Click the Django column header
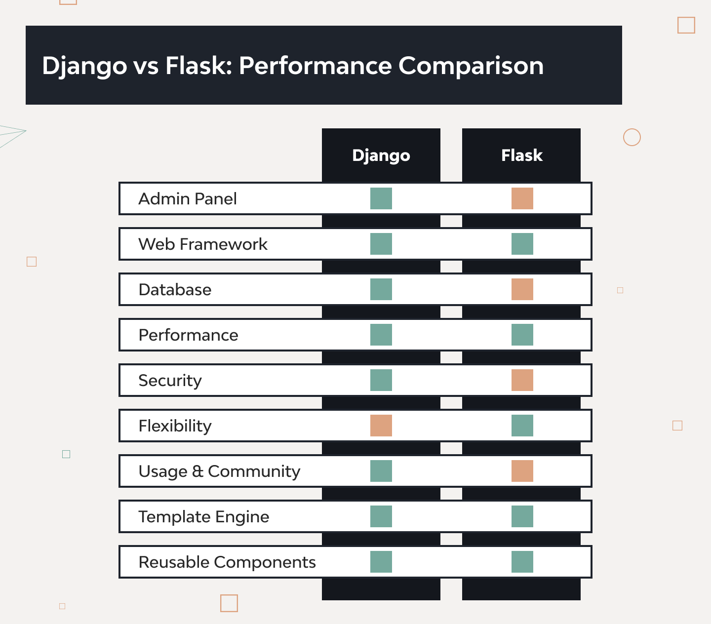pos(381,156)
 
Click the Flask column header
pos(521,156)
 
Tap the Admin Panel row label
pos(188,199)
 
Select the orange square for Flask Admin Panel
pos(522,198)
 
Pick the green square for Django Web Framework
pos(381,244)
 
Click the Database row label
pos(175,290)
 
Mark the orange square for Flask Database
pos(522,289)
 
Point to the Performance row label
pos(188,335)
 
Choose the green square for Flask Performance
pos(522,335)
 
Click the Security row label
pos(170,381)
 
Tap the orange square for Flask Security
pos(522,380)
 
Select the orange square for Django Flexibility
pos(381,426)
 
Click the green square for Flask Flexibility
pos(522,426)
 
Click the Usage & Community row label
pos(219,471)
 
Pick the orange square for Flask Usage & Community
pos(522,471)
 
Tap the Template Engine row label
pos(203,517)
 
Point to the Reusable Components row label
pos(227,562)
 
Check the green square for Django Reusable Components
pos(381,562)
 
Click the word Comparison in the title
pos(471,66)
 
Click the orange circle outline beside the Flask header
pos(632,137)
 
